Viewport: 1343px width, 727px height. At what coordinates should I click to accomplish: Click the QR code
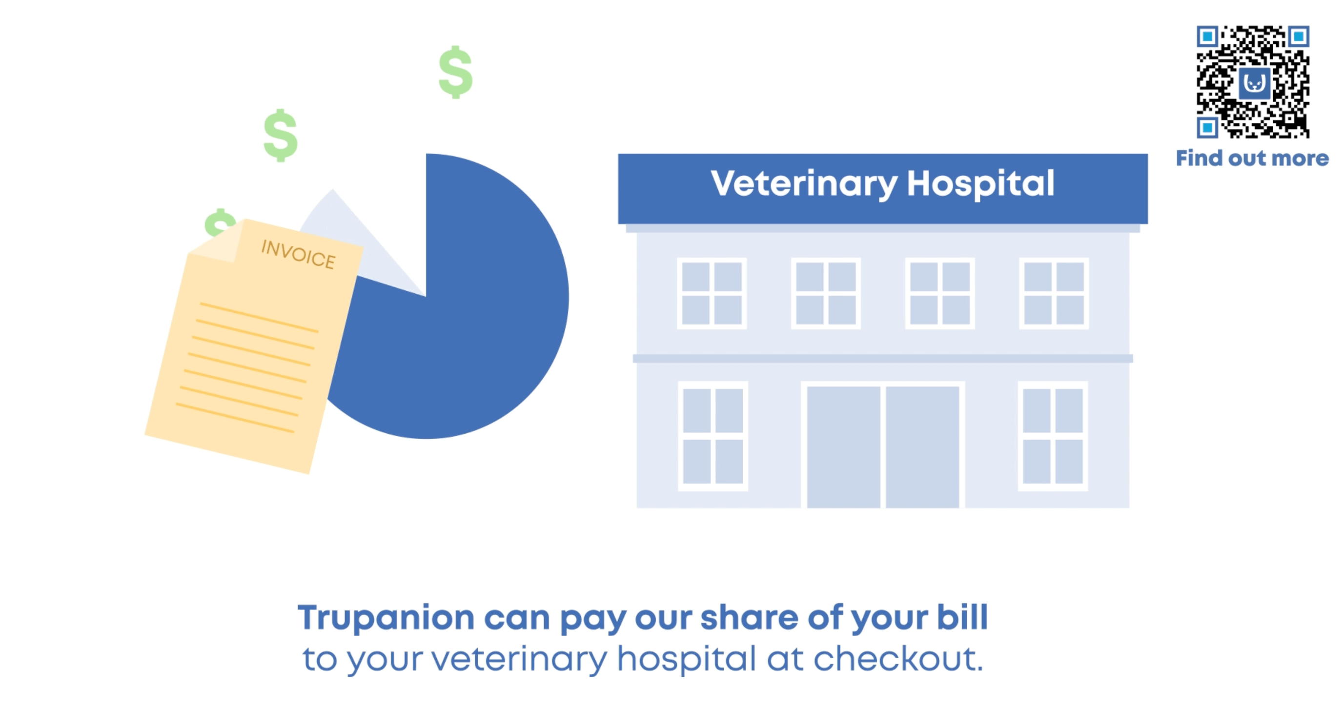(1252, 82)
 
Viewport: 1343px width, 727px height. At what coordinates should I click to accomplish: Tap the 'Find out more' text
(1252, 158)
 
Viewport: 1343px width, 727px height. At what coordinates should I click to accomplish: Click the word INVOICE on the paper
(298, 254)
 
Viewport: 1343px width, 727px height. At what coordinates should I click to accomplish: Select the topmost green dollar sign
(456, 72)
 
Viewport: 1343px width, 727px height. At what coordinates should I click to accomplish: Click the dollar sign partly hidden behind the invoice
(219, 222)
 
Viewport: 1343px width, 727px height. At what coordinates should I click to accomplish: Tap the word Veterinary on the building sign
(804, 184)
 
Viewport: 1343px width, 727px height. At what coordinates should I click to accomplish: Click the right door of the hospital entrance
(922, 446)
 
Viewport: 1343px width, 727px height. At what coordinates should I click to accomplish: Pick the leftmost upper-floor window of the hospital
(712, 293)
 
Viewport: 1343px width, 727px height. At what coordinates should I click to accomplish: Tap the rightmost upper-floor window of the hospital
(1054, 293)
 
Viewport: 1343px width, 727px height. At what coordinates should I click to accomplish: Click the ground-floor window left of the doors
(712, 436)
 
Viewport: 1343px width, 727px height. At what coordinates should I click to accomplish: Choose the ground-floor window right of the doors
(1053, 436)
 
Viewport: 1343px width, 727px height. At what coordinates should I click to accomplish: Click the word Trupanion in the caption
(386, 618)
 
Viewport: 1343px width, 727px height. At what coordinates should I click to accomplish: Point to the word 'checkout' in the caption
(895, 658)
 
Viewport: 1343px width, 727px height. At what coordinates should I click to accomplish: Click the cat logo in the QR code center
(1254, 82)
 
